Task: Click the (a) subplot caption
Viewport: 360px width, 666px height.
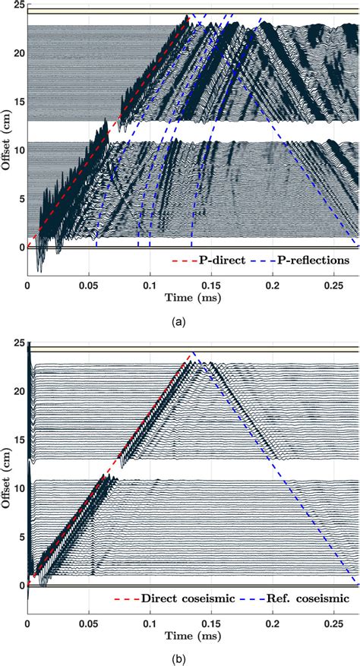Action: (180, 322)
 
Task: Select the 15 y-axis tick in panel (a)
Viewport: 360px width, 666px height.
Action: (18, 103)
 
